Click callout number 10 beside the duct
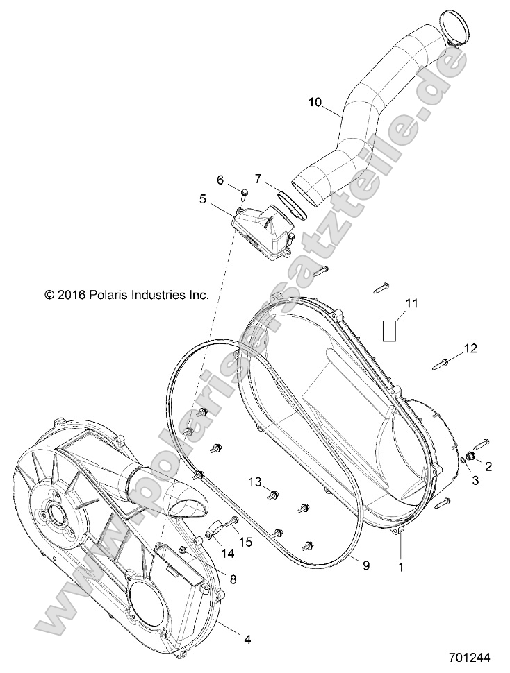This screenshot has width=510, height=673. click(x=315, y=102)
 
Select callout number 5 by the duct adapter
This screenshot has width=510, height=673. click(x=203, y=198)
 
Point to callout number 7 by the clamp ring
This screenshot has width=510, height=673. click(x=258, y=179)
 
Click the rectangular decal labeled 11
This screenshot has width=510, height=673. click(x=392, y=328)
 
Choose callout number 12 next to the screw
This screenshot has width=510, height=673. click(x=471, y=349)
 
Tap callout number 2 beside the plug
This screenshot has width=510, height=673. click(x=488, y=466)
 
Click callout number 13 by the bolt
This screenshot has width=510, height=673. click(x=255, y=482)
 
